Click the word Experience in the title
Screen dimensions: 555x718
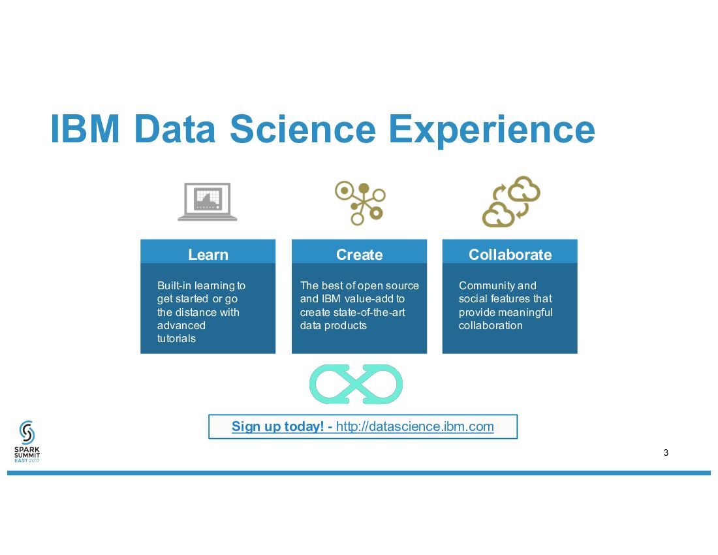click(492, 129)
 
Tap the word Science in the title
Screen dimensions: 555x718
click(302, 129)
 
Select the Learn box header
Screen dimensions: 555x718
click(208, 255)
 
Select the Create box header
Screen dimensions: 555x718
click(359, 255)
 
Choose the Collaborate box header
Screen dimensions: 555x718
click(510, 255)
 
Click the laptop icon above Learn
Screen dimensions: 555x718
click(208, 201)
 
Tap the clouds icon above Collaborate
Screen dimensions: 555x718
click(511, 201)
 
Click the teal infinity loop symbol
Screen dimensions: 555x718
click(356, 384)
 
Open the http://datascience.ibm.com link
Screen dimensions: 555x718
click(414, 427)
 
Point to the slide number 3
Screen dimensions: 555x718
click(666, 453)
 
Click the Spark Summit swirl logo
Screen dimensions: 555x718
click(27, 432)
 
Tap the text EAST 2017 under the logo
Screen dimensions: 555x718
click(27, 460)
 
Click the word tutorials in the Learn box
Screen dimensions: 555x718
click(176, 339)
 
